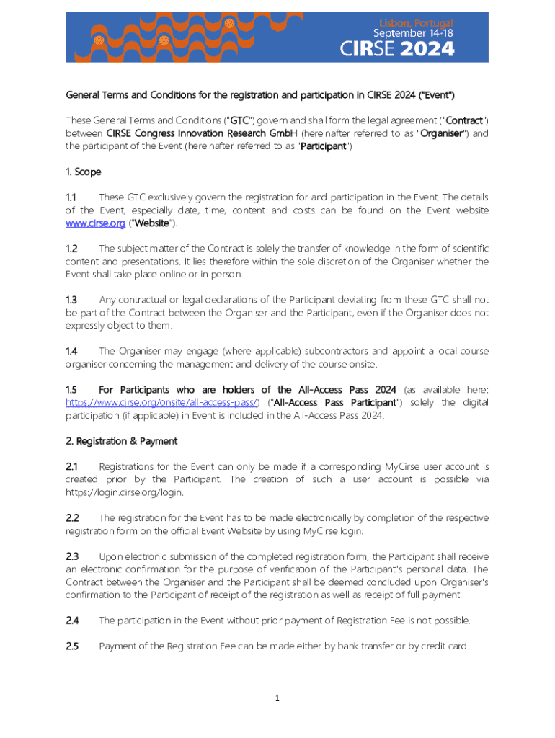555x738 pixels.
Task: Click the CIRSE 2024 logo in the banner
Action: (x=397, y=49)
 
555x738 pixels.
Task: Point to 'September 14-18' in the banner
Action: (x=413, y=33)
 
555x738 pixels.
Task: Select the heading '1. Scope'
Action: (x=84, y=172)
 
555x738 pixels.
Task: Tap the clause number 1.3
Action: (x=71, y=300)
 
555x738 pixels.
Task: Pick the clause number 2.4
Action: (x=72, y=620)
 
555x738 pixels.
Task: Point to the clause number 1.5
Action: (x=71, y=390)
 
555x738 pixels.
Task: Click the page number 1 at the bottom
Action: (x=277, y=698)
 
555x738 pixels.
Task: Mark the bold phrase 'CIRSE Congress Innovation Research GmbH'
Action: (x=202, y=133)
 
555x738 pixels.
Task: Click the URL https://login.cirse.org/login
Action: (x=125, y=493)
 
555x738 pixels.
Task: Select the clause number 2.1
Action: (x=71, y=467)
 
